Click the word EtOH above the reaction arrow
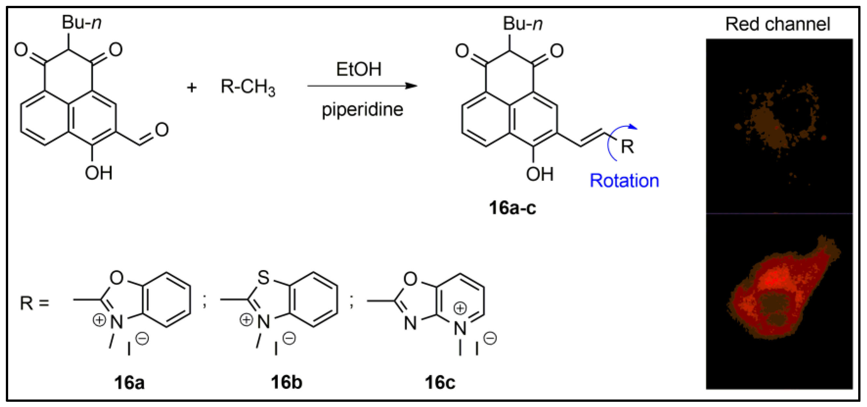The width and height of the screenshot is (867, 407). pyautogui.click(x=359, y=69)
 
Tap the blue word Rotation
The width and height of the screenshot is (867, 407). pyautogui.click(x=624, y=181)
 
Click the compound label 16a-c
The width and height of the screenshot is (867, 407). pyautogui.click(x=512, y=208)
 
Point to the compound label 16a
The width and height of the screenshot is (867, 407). pyautogui.click(x=129, y=383)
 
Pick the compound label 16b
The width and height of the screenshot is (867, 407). pyautogui.click(x=286, y=383)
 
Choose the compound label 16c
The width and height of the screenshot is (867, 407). pyautogui.click(x=440, y=383)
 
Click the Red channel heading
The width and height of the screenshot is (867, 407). pyautogui.click(x=777, y=24)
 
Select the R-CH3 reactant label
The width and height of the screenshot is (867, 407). pyautogui.click(x=248, y=87)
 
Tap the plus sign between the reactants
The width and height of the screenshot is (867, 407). pyautogui.click(x=192, y=88)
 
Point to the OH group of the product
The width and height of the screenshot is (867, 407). pyautogui.click(x=540, y=174)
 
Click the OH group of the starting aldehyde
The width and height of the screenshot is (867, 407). pyautogui.click(x=98, y=173)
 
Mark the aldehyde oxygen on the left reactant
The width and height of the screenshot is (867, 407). pyautogui.click(x=162, y=130)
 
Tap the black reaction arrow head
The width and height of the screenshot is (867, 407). pyautogui.click(x=411, y=86)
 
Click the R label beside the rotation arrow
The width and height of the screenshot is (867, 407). pyautogui.click(x=627, y=146)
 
